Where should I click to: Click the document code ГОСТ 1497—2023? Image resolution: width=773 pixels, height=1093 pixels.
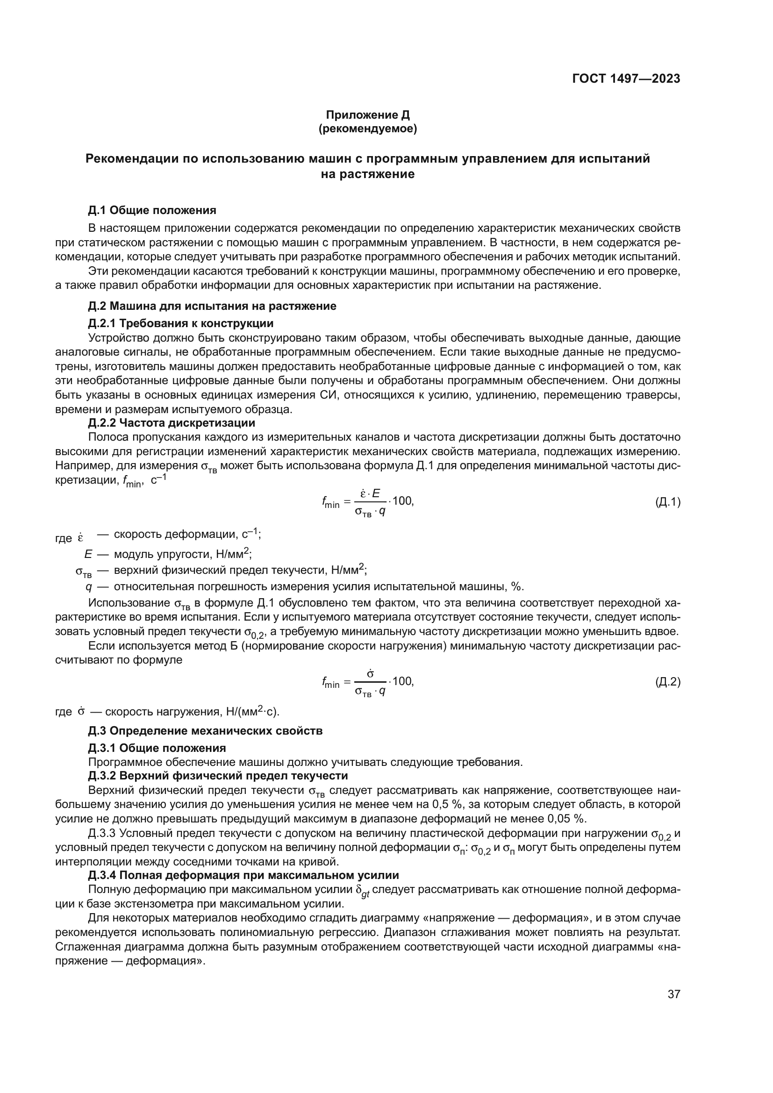(626, 79)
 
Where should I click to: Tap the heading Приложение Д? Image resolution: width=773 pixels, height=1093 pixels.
(367, 115)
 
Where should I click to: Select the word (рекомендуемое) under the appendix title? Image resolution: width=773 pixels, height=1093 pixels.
(367, 129)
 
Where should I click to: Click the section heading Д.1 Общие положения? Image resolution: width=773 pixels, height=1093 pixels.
(152, 210)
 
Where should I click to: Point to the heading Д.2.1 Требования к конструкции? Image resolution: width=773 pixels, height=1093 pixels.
(181, 324)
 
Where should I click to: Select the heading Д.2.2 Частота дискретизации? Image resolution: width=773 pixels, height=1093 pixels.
(172, 423)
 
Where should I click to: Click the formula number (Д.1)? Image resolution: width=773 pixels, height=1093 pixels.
(668, 502)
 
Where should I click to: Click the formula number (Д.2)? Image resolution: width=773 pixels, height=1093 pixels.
(668, 682)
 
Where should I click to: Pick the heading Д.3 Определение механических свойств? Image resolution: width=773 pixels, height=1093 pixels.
(205, 731)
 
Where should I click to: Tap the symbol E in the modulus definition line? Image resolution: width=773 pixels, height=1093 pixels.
(88, 554)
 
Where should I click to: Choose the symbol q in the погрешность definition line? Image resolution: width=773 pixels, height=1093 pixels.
(88, 586)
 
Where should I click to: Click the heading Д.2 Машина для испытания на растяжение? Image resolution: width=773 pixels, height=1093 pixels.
(212, 306)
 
